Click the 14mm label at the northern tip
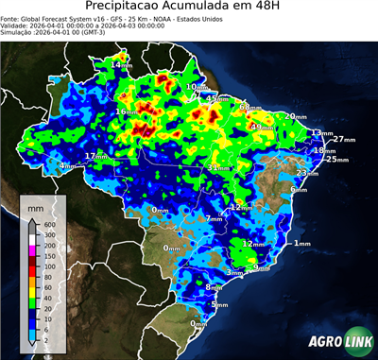coord(122,64)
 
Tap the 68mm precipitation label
coord(249,108)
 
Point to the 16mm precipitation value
coord(126,111)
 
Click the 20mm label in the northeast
coord(296,116)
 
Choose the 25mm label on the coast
coord(331,160)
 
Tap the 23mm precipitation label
coord(307,174)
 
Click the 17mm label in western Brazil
coord(96,156)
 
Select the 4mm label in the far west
coord(67,166)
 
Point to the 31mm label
coord(218,168)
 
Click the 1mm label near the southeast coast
coord(302,244)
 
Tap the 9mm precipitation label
coord(263,267)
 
